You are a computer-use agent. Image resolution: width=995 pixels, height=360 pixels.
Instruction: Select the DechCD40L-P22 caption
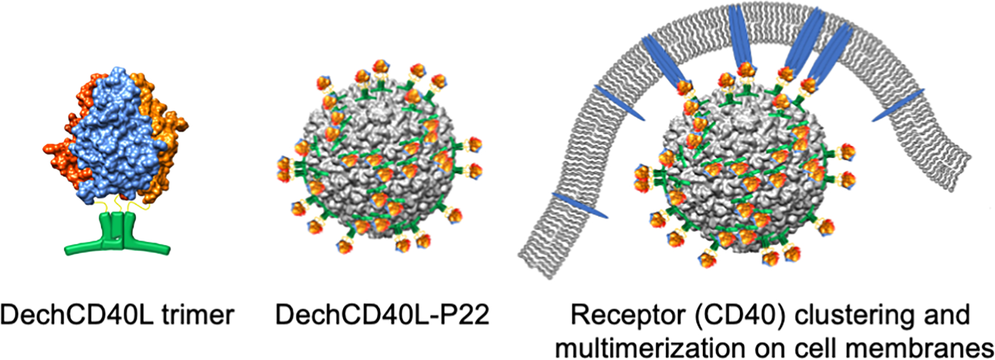click(382, 315)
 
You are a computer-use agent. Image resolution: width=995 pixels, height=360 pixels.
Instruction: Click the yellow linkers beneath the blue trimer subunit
click(118, 204)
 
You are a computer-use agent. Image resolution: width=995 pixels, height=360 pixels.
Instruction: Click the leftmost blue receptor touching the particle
click(663, 60)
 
